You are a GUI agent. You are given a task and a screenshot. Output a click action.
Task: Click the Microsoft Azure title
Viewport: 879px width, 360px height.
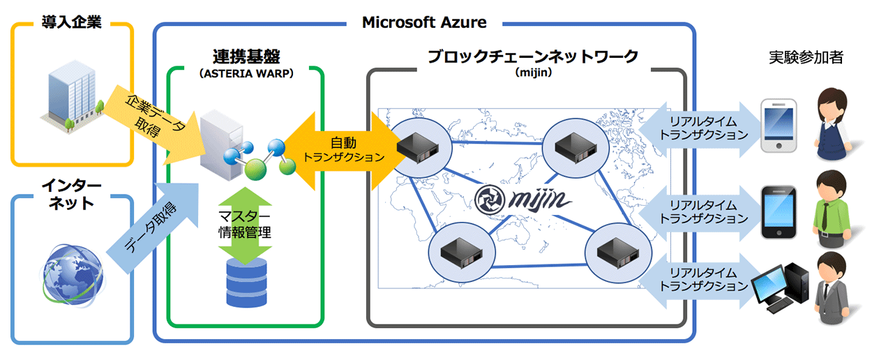tap(424, 22)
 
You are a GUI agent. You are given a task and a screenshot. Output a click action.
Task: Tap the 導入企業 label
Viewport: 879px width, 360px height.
tap(71, 22)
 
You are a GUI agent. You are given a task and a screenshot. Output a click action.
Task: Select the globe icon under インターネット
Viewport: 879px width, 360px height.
tap(71, 273)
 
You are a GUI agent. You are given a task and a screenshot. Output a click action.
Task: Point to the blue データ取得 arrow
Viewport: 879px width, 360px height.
tap(149, 224)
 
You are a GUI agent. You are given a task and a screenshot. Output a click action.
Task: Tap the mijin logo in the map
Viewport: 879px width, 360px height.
tap(523, 200)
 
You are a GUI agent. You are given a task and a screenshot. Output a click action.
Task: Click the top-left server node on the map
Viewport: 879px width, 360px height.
tap(416, 146)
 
